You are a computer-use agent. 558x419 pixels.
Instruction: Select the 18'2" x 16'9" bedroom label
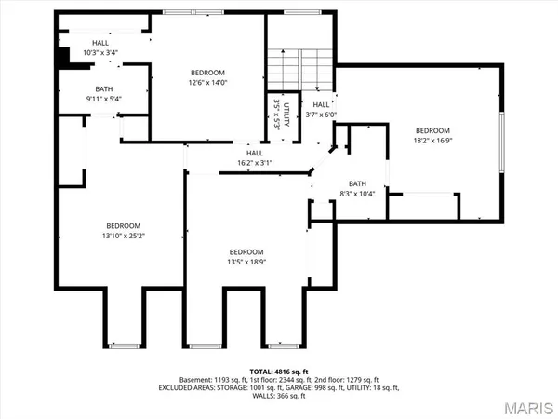tap(432, 136)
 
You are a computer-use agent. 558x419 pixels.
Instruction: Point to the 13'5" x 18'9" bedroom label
tap(247, 258)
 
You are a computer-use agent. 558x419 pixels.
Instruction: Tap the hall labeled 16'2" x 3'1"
tap(254, 158)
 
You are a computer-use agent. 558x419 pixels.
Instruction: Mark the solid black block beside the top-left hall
tap(63, 57)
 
